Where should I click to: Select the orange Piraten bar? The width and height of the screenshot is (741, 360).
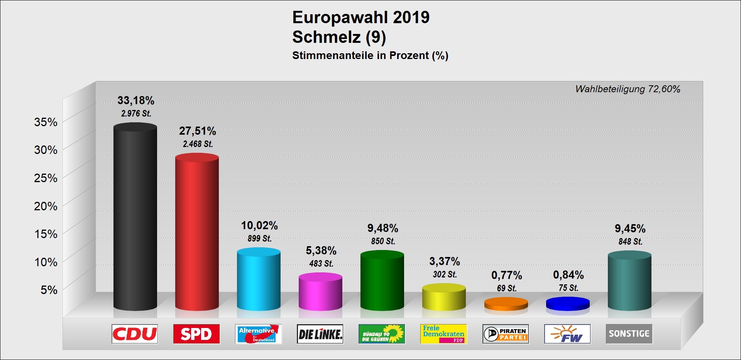tap(506, 304)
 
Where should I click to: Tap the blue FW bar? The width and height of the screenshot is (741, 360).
tap(568, 304)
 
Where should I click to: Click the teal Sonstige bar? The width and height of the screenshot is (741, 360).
tap(629, 281)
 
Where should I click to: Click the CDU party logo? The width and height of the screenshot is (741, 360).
tap(135, 334)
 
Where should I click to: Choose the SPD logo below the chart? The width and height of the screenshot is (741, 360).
tap(196, 334)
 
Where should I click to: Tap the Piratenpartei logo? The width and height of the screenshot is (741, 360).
tap(506, 334)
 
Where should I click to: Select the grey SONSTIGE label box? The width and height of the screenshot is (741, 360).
tap(629, 334)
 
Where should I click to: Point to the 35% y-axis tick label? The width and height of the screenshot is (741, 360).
tap(46, 122)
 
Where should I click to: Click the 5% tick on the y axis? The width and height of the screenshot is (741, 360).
tap(49, 290)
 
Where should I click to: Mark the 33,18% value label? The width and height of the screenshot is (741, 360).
tap(136, 100)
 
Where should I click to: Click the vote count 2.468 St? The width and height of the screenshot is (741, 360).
tap(198, 144)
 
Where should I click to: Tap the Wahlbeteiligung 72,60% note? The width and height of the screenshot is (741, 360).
tap(628, 89)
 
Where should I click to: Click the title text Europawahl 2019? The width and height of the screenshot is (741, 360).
tap(361, 17)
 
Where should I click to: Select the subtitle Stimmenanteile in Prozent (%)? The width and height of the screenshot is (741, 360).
tap(370, 56)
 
